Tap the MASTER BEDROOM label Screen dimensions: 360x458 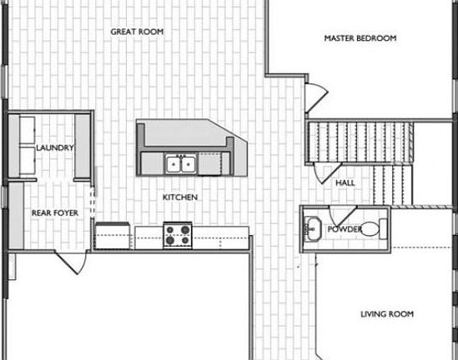coord(360,38)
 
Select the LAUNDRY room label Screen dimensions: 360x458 coord(56,147)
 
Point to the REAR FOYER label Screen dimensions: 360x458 coord(55,213)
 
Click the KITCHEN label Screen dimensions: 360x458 coord(179,197)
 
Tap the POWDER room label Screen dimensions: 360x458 coord(344,229)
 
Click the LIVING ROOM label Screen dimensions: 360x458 coord(387,314)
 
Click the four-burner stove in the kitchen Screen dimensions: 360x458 coord(178,235)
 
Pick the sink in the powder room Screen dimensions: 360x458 coord(313,227)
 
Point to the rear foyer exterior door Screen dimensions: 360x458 coord(71,262)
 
